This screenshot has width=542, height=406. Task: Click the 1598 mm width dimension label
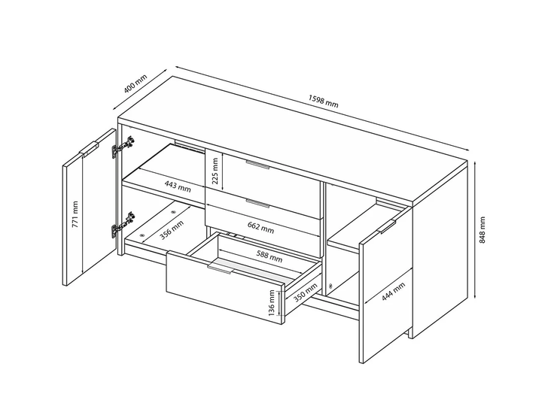323,101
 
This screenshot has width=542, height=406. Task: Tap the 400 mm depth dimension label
135,83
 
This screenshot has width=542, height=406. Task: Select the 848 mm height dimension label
483,230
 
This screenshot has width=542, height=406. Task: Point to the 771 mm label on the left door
75,214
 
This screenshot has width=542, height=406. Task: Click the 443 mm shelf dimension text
178,186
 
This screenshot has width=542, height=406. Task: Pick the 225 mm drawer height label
215,171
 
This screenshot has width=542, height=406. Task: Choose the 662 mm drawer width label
260,228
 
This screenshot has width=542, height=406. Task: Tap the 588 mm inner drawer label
269,256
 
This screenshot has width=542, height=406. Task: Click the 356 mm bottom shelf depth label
172,230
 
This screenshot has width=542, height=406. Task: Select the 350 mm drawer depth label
305,292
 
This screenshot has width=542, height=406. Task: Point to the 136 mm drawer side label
272,303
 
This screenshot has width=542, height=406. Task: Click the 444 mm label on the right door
394,292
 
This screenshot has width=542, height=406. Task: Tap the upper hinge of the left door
123,147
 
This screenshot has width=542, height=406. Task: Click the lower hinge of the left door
123,225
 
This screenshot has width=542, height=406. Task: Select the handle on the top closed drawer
257,165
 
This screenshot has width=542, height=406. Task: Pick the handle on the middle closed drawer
257,204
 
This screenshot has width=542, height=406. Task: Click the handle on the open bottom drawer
220,269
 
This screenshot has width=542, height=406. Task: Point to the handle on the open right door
387,227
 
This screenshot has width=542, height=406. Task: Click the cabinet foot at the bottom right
410,333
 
